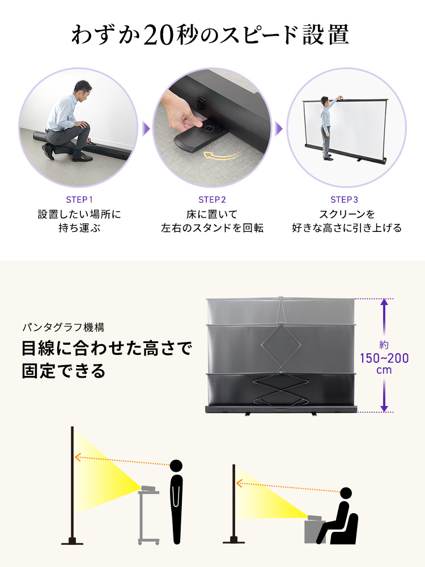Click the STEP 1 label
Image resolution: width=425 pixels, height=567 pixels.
click(x=79, y=200)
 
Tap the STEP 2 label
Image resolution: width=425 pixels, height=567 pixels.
click(x=212, y=200)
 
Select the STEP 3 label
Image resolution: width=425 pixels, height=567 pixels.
click(x=345, y=200)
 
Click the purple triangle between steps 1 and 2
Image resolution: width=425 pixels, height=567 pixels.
click(x=146, y=129)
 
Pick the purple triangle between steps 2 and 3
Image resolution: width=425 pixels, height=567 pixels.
click(x=279, y=129)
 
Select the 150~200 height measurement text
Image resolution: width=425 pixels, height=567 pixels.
click(x=384, y=358)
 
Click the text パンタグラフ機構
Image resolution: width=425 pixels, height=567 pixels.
click(x=63, y=328)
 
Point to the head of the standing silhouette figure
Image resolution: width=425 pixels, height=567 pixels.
click(x=176, y=466)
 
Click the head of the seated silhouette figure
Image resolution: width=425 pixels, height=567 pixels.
click(x=346, y=493)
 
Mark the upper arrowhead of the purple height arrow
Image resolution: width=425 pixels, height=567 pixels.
click(x=384, y=303)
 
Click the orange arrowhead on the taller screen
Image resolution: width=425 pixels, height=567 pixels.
click(x=77, y=458)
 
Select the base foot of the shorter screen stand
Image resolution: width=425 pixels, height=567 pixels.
click(x=233, y=540)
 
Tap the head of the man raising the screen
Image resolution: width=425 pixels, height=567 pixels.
click(x=324, y=100)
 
